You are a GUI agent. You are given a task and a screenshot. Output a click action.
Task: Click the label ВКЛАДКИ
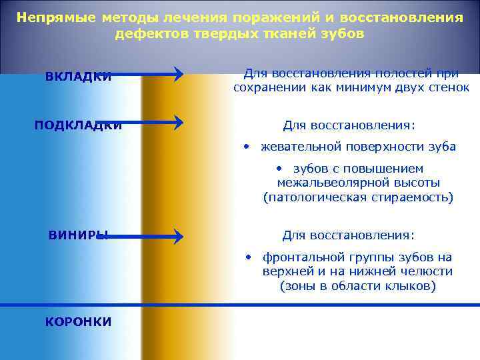click(78, 77)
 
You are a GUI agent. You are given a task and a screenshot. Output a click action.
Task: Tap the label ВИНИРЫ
click(79, 235)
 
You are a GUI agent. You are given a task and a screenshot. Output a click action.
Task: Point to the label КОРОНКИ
click(78, 321)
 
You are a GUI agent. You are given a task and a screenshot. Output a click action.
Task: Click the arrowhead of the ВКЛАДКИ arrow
click(179, 74)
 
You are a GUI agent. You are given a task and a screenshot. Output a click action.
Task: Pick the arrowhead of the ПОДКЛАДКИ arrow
click(179, 123)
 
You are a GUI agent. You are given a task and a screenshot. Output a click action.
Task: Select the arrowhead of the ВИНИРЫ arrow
click(179, 236)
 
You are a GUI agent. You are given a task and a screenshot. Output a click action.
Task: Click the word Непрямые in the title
click(57, 18)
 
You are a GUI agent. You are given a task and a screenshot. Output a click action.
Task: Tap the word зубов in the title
click(343, 33)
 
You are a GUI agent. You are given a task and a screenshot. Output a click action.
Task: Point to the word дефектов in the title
click(145, 33)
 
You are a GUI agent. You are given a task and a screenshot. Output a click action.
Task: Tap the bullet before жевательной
click(246, 146)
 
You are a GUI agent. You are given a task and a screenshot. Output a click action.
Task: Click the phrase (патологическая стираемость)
click(359, 197)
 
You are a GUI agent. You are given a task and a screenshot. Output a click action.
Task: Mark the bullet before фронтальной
click(247, 257)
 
